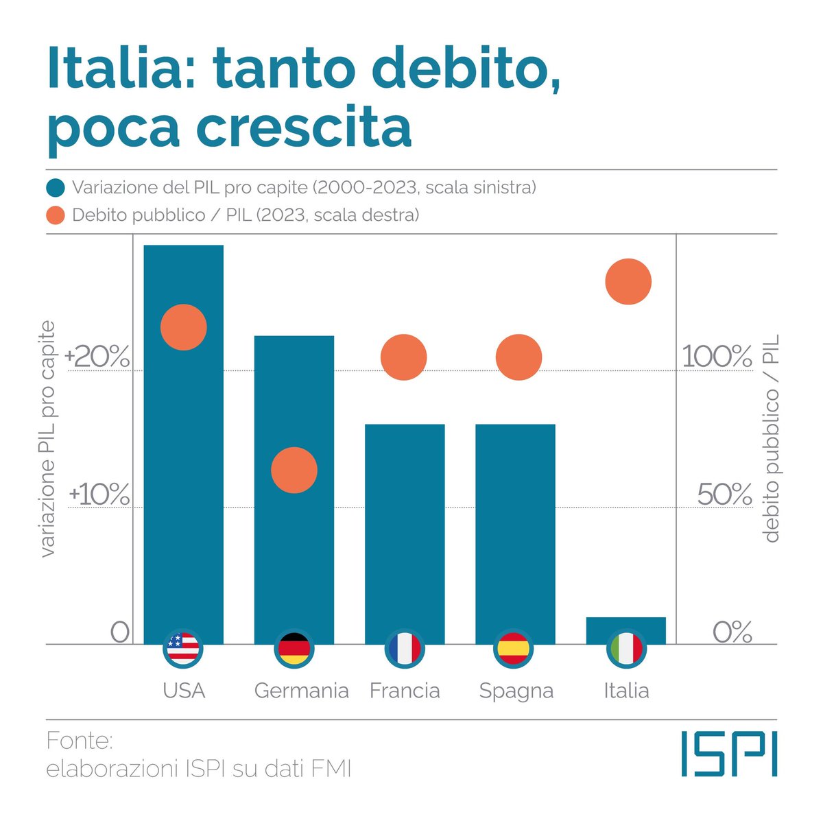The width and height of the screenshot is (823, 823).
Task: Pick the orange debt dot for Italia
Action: pos(628,282)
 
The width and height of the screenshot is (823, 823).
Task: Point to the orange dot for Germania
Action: pos(294,470)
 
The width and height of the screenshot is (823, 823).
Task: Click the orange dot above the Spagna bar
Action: pos(518,357)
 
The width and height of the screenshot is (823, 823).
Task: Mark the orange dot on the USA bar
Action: pos(183,327)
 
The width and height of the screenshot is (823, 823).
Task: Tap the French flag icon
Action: pos(404,648)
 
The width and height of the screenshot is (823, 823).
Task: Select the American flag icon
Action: pos(183,648)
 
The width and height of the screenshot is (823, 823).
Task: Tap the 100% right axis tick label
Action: pos(717,357)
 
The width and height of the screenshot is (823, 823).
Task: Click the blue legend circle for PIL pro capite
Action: pos(56,188)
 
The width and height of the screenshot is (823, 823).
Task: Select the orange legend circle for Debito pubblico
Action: pos(56,215)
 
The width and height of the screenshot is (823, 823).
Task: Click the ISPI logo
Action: pos(729,754)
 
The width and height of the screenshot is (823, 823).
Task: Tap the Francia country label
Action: pos(405,690)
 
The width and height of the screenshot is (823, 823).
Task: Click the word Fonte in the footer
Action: pos(79,741)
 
